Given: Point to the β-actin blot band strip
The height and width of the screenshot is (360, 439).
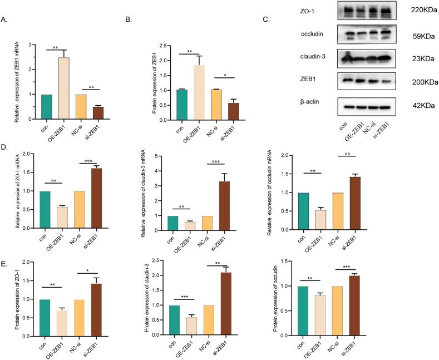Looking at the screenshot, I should (364, 106).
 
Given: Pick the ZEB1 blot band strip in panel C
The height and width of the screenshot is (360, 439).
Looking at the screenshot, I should (364, 81).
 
